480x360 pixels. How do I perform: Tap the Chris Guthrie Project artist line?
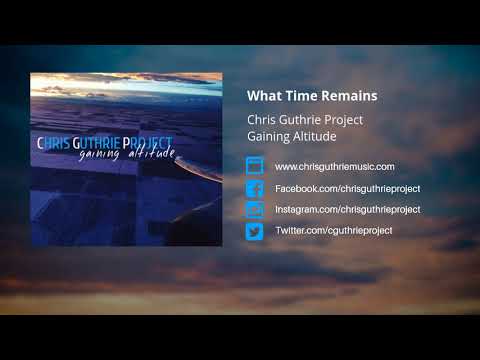point(305,120)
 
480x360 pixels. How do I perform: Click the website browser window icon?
point(254,166)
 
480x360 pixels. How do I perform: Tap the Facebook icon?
point(254,188)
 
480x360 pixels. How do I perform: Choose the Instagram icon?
point(254,209)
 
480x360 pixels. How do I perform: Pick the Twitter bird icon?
point(254,231)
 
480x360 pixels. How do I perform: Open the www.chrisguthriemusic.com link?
point(334,166)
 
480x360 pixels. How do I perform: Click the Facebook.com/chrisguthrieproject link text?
point(347,188)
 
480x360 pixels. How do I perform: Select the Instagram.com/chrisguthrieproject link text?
point(347,209)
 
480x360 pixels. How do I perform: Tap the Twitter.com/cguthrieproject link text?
point(333,231)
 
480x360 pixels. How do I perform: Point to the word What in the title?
point(262,97)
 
